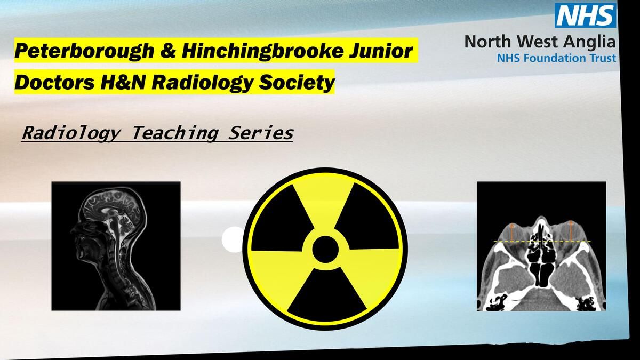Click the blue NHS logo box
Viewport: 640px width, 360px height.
point(585,15)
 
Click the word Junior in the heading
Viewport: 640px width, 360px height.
point(380,50)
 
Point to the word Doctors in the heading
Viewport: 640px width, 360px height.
point(55,82)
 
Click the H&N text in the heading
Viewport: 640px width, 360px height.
point(123,82)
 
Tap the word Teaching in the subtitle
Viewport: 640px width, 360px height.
point(175,133)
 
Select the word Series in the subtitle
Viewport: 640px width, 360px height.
point(261,133)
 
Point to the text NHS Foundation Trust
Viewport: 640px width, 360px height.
point(556,58)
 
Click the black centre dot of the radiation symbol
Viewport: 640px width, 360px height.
point(325,249)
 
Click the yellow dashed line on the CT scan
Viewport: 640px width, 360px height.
point(542,242)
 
